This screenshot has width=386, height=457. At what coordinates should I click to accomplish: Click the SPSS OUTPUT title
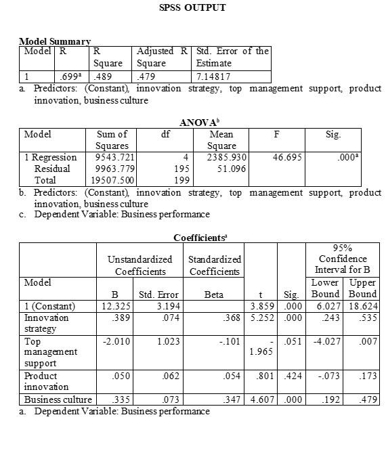(x=192, y=8)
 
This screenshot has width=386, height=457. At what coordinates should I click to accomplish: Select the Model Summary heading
(x=55, y=42)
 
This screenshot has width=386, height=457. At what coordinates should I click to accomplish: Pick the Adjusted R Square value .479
(x=146, y=77)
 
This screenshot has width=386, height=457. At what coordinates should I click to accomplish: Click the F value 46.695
(x=286, y=157)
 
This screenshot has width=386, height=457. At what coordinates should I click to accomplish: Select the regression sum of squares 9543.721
(x=112, y=157)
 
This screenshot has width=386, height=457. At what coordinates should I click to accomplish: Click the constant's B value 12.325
(x=114, y=306)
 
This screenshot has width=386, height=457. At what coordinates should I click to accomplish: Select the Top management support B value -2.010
(x=116, y=341)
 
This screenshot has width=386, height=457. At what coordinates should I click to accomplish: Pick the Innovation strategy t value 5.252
(x=261, y=318)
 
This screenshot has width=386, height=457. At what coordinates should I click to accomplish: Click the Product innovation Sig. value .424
(x=291, y=376)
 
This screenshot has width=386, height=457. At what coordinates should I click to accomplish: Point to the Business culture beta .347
(x=232, y=399)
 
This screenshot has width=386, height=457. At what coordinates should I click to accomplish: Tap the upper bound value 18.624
(x=363, y=306)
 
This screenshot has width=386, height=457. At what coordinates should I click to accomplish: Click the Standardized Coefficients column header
(x=214, y=265)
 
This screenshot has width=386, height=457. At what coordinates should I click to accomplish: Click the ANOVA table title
(x=198, y=123)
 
